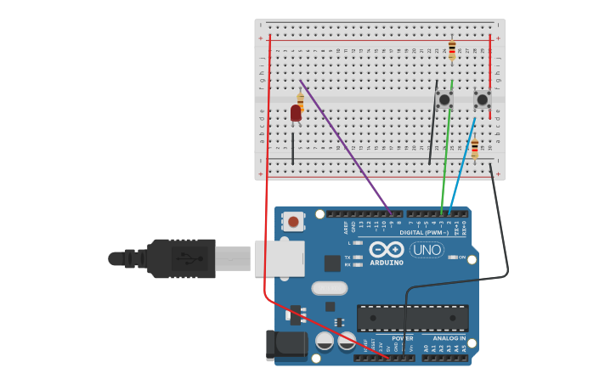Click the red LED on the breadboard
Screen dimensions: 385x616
coord(296,113)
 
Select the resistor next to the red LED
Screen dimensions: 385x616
coord(301,102)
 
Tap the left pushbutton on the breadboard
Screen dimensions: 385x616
coord(444,99)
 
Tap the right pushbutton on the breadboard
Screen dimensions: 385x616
coord(482,99)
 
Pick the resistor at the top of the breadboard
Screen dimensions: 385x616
coord(452,50)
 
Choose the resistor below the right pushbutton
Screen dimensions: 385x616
coord(475,148)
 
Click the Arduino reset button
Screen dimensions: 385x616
coord(293,222)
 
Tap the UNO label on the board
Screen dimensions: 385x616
coord(427,250)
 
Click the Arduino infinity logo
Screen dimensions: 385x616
coord(387,250)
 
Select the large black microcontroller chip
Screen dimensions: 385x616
coord(412,318)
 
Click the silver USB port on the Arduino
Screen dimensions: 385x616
coord(279,258)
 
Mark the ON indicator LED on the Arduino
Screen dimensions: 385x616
coord(452,258)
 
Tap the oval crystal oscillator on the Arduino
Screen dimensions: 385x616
coord(329,288)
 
